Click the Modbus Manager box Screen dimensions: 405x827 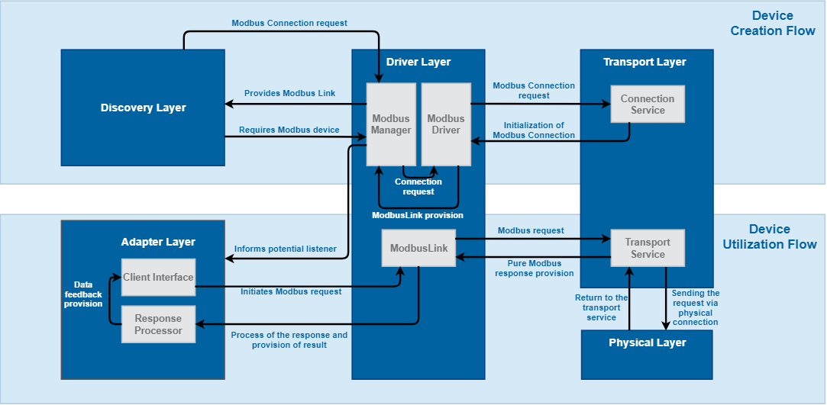(391, 124)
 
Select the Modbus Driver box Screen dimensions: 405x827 (446, 124)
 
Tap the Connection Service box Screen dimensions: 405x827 (648, 104)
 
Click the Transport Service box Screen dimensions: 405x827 (648, 248)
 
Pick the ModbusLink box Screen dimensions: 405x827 (418, 248)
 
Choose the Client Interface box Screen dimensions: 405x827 (158, 278)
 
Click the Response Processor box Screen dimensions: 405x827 (158, 324)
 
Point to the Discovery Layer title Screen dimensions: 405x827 (143, 108)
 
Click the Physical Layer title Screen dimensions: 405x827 (647, 342)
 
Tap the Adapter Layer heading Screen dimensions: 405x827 (158, 242)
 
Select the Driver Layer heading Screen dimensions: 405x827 (418, 62)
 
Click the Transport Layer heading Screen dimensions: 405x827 (644, 62)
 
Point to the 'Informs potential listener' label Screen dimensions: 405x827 (285, 249)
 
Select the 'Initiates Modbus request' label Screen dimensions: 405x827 (291, 291)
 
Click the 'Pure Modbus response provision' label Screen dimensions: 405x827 (534, 268)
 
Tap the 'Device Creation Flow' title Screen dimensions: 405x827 (772, 23)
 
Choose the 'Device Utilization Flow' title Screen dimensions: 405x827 (770, 236)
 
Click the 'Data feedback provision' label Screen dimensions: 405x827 (82, 294)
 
